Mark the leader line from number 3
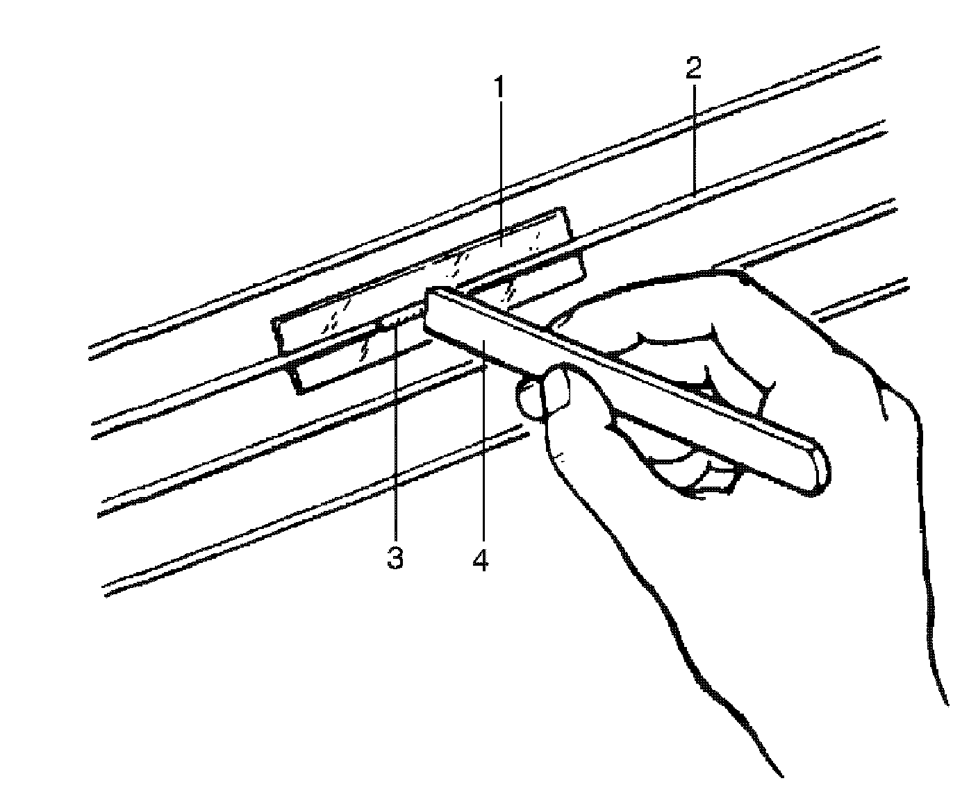click(x=395, y=444)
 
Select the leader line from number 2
click(x=694, y=139)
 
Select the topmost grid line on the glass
click(x=486, y=201)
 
